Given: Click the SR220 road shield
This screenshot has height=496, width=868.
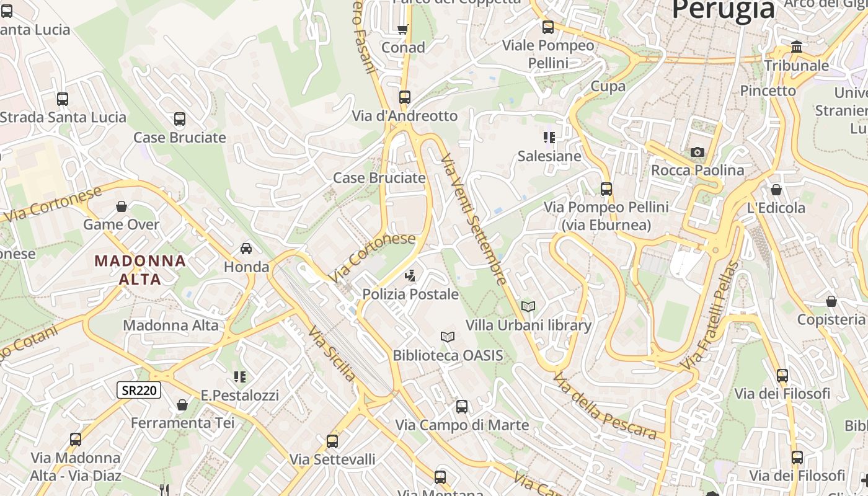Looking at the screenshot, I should (x=139, y=390).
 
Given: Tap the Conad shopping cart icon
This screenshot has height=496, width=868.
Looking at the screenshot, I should (x=403, y=29).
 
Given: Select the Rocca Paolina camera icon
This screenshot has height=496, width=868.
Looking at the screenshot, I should (x=697, y=152).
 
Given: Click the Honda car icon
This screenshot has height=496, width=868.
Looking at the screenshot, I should (x=246, y=249).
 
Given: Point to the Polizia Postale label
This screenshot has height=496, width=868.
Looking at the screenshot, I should (x=410, y=294).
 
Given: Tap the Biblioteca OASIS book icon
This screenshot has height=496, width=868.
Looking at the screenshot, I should (x=448, y=337).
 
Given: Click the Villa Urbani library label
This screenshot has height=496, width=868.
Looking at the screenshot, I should (x=528, y=325).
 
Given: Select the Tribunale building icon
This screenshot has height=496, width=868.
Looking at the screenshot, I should (x=797, y=47).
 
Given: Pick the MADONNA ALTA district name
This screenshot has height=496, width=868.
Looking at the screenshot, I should (x=140, y=270).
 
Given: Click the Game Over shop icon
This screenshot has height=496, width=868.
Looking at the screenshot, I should (x=122, y=206).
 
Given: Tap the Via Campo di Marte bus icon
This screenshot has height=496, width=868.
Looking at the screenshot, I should (x=462, y=407).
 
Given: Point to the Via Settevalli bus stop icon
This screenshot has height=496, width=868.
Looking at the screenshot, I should (x=332, y=441).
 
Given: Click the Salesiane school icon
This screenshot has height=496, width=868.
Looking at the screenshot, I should (x=549, y=138).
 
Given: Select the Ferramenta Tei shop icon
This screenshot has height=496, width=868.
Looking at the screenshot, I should (x=182, y=405).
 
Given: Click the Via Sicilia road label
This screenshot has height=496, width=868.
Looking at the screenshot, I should (x=332, y=353).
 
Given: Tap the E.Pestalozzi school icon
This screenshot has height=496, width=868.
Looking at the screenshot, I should (x=240, y=377).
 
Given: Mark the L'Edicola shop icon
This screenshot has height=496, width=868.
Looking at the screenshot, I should (x=776, y=190).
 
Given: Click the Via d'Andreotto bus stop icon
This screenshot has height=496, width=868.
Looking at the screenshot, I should (x=405, y=97).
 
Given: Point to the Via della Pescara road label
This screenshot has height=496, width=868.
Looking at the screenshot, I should (x=604, y=405).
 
